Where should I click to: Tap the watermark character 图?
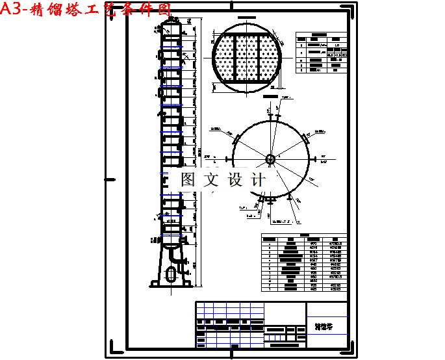coord(188,180)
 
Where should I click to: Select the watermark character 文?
coord(212,180)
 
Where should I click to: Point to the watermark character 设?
coord(235,180)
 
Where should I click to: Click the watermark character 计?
coord(258,180)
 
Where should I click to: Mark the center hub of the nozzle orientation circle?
coord(270,158)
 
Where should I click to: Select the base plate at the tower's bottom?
coord(172,284)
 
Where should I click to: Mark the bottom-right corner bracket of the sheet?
coord(353,352)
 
